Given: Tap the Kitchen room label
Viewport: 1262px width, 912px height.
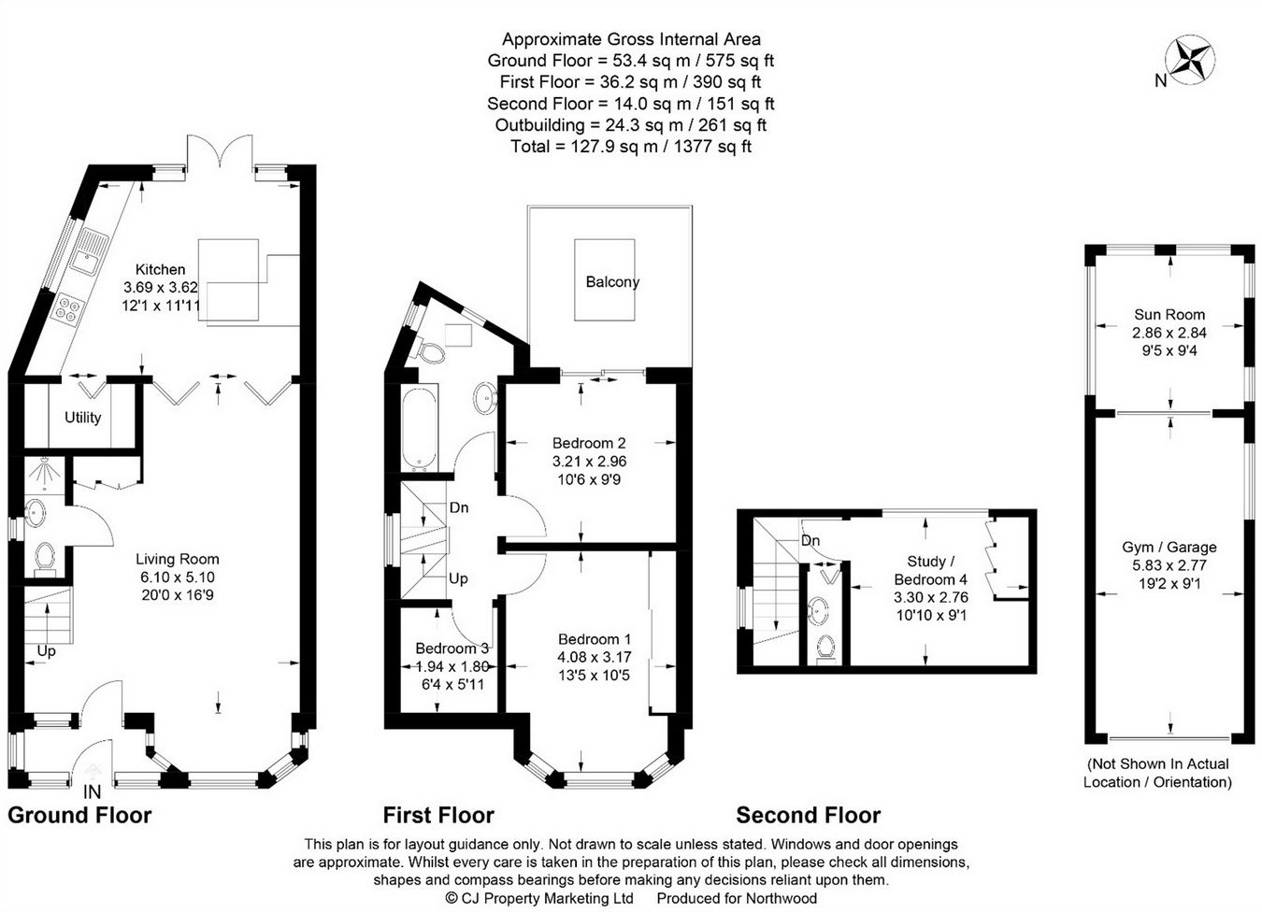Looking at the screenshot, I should (x=161, y=269).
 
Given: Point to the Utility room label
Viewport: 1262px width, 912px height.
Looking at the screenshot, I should (x=82, y=418).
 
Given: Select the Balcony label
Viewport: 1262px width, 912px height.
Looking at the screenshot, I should (x=612, y=281).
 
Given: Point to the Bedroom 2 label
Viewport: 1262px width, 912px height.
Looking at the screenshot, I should (x=589, y=443).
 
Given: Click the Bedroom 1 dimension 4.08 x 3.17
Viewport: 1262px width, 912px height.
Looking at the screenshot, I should (x=595, y=657).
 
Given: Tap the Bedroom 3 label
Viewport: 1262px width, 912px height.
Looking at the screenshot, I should (x=452, y=648).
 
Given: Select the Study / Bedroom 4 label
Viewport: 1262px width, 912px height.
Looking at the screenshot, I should (x=931, y=570).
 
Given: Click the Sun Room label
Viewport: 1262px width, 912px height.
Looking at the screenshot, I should (x=1169, y=315).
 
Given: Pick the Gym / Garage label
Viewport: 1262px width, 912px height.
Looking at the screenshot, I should (x=1169, y=548).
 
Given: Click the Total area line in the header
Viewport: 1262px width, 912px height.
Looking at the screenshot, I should (x=631, y=147).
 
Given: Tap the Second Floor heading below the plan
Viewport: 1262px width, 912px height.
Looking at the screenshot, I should (x=808, y=815).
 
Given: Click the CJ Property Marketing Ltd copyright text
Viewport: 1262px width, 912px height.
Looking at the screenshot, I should (x=539, y=898).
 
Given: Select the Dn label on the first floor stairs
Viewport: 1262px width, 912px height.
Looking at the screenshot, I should (x=459, y=507).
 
